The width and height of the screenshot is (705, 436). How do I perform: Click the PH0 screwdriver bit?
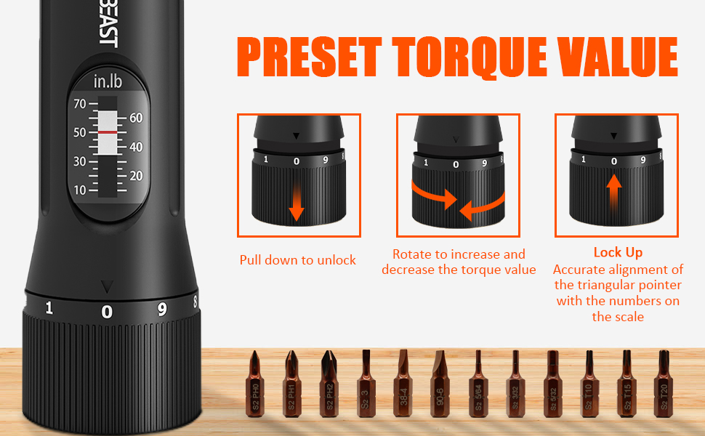[x=254, y=385]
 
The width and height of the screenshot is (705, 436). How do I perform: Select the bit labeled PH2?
[x=328, y=385]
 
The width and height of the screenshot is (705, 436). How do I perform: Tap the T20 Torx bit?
[x=663, y=385]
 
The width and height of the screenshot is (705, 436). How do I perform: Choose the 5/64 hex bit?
[x=478, y=385]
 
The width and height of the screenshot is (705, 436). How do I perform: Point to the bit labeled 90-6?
[x=440, y=385]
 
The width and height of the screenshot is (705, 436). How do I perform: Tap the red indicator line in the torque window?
[x=108, y=132]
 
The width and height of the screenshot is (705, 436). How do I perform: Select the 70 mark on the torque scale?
[x=79, y=104]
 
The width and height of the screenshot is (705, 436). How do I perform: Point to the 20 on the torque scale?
[x=136, y=175]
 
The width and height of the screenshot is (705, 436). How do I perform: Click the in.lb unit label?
[x=108, y=81]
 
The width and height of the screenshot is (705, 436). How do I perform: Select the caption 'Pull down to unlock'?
[x=298, y=259]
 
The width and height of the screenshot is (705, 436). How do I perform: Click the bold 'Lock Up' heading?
[x=617, y=252]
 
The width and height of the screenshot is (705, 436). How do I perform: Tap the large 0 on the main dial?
[x=107, y=312]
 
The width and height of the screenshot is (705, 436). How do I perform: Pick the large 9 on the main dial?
[x=161, y=309]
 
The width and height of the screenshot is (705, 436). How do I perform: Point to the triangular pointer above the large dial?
[x=108, y=286]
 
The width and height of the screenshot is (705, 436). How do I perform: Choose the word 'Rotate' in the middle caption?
[x=412, y=254]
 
